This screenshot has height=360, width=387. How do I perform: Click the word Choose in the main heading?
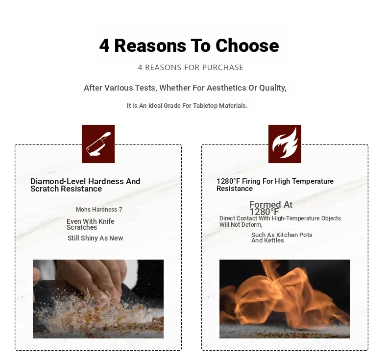point(247,46)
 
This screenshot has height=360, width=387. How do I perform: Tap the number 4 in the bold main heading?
point(104,46)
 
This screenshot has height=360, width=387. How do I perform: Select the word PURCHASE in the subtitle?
point(223,68)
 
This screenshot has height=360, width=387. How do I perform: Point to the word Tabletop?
point(205,106)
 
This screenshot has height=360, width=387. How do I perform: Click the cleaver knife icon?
point(98,144)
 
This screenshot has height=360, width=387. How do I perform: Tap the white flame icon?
point(285,143)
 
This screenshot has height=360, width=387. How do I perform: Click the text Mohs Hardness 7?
point(99,210)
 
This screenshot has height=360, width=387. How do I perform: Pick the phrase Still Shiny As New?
point(95,238)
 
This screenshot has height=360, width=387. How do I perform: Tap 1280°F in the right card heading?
point(228,181)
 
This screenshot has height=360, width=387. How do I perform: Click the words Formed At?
point(271,204)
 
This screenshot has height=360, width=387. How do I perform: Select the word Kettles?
point(274,240)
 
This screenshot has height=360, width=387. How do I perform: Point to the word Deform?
point(253,225)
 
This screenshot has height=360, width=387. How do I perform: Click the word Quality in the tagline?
point(273,88)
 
